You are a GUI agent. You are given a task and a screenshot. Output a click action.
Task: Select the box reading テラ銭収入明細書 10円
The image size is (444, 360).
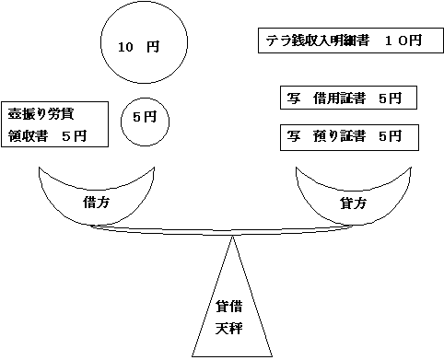coord(343,41)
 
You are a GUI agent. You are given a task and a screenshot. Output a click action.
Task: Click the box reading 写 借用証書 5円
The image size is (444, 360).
coord(345,99)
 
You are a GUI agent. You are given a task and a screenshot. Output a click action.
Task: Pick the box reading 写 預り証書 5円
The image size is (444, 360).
coord(345,136)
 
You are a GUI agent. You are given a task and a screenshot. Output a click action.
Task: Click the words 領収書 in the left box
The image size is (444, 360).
coord(28,135)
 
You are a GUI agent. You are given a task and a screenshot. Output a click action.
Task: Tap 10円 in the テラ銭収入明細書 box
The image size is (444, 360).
coord(403,41)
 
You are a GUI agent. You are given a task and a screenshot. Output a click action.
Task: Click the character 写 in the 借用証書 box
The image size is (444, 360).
coord(294,99)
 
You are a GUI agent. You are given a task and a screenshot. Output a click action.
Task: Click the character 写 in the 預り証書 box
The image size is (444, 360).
coord(294,136)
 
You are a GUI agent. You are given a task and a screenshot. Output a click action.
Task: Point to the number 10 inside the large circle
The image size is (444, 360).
coord(127,45)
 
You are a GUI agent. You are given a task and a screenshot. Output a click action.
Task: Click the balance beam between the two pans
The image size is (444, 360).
coord(221,231)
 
